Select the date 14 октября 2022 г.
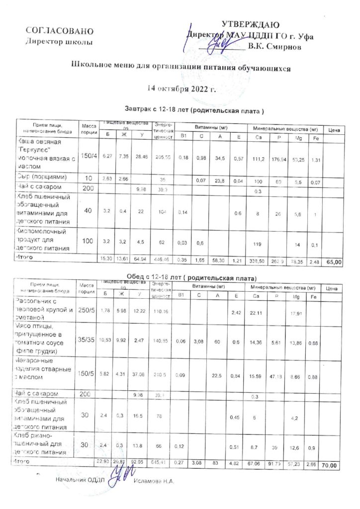coord(181,89)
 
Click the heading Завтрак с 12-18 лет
coord(193,109)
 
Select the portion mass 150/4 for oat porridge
coord(87,156)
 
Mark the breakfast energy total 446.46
coord(162,259)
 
